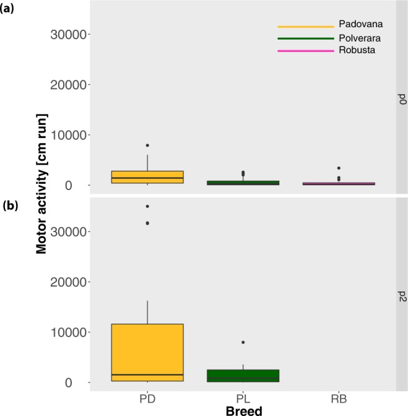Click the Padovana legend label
[360, 25]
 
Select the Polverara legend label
[360, 38]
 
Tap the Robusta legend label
[357, 51]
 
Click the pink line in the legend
[305, 51]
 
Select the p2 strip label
[401, 294]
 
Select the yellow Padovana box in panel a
[147, 177]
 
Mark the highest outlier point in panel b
[147, 206]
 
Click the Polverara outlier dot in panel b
[243, 342]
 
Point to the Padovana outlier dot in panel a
[147, 145]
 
